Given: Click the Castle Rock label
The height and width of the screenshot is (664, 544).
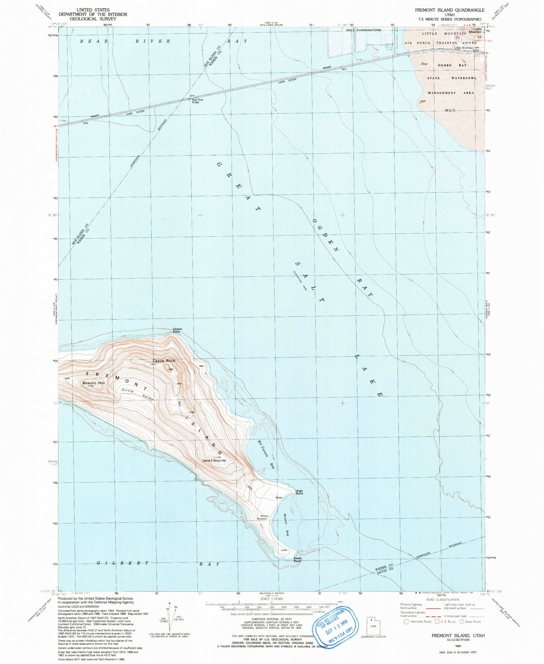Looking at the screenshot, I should point(164,361).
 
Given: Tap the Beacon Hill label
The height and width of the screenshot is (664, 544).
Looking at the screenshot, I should point(93,383).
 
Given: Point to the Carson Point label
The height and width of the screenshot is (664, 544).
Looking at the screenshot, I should point(177,330).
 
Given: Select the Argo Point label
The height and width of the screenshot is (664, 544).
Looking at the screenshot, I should point(300,492).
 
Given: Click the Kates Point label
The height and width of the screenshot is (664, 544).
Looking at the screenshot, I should point(298,559).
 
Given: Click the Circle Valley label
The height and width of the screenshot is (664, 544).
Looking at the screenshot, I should point(137,394).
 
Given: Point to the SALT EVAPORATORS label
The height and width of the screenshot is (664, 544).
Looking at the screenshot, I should point(363,30).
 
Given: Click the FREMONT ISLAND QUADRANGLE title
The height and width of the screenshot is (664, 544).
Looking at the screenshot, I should point(450,10).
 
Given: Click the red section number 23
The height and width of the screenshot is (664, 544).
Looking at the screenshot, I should point(458,37).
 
